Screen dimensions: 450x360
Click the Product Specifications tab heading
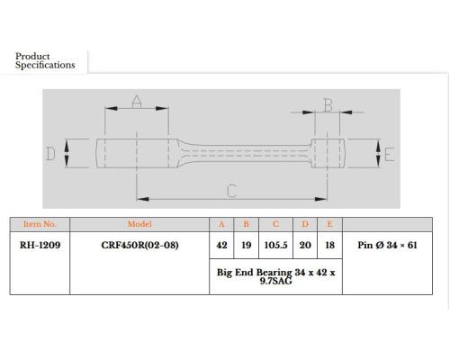45,60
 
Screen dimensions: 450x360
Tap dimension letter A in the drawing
137,102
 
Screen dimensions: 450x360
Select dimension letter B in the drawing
328,105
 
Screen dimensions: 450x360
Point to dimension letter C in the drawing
232,191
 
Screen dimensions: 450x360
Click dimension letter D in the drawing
50,154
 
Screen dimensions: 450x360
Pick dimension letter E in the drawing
389,155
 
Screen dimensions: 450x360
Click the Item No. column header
40,224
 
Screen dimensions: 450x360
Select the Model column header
139,224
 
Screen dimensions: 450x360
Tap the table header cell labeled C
275,224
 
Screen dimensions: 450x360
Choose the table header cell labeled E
329,224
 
